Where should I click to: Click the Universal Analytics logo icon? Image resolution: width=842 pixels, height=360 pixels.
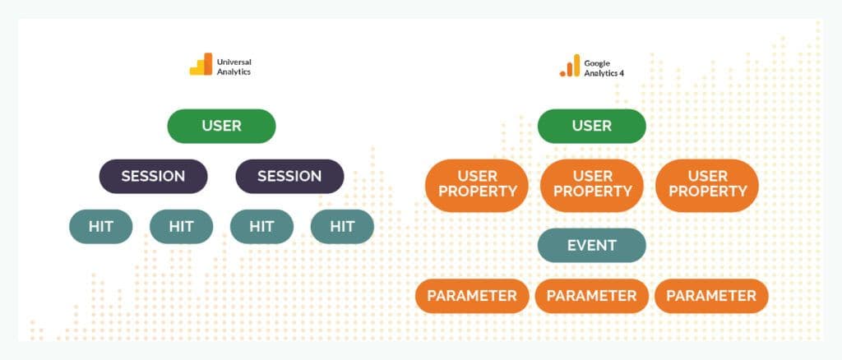(201, 65)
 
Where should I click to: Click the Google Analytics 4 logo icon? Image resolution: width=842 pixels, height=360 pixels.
(570, 66)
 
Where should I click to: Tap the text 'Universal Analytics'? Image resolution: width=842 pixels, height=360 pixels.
(234, 66)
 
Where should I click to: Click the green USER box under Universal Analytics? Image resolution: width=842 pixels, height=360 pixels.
(221, 127)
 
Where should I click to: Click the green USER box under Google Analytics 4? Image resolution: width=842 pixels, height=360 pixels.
(591, 127)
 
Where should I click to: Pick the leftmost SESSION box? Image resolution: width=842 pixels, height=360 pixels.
(154, 176)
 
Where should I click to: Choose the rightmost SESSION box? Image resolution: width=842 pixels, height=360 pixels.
(289, 176)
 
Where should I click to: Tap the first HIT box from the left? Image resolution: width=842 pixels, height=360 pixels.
(100, 226)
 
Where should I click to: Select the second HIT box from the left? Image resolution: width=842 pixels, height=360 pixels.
(181, 226)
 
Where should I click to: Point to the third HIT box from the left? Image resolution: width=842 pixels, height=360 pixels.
(261, 226)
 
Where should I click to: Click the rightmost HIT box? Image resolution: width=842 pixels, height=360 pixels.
(342, 226)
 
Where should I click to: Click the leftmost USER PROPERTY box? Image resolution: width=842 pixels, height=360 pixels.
(476, 185)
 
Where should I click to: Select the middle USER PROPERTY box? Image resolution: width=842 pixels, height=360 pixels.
(592, 185)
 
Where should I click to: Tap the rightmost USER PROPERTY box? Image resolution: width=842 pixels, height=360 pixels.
(707, 185)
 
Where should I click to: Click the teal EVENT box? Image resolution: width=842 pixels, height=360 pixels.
(591, 245)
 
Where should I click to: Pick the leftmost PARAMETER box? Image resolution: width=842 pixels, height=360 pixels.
(472, 296)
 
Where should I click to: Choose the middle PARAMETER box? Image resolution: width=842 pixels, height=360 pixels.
(591, 296)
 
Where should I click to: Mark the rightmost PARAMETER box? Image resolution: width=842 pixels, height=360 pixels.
(711, 296)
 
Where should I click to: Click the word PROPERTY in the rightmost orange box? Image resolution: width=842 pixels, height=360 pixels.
(707, 192)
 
